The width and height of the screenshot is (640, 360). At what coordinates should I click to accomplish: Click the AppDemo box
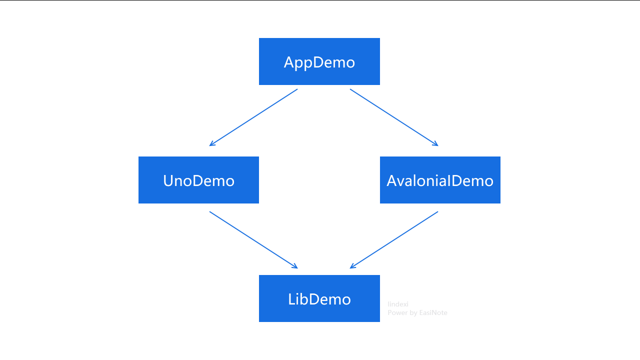319,61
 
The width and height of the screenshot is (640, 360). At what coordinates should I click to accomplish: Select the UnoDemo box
198,180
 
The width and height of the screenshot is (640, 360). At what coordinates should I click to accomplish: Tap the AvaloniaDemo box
440,180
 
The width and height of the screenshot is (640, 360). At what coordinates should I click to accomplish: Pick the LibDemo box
319,298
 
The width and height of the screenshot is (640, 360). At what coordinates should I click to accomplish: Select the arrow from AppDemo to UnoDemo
253,117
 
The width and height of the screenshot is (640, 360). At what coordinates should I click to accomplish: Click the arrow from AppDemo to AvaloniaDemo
394,117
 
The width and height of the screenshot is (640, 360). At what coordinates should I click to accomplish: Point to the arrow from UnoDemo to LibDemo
253,240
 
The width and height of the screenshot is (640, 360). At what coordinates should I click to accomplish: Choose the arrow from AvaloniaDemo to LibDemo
394,240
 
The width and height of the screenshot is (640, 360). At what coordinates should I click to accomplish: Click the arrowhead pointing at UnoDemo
211,144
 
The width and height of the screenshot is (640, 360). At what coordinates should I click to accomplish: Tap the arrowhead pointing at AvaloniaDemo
436,144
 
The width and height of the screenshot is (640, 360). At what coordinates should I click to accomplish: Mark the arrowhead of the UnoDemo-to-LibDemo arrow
295,267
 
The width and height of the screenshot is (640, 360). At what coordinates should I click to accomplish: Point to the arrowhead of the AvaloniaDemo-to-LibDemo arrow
352,267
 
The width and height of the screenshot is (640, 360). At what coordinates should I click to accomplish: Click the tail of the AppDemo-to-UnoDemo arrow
296,89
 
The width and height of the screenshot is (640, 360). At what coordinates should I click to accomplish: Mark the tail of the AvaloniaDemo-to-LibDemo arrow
437,212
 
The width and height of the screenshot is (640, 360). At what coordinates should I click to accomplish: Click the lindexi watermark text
398,304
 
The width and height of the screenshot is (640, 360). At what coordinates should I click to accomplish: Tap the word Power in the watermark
397,313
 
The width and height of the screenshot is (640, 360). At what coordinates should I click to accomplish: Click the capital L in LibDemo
292,299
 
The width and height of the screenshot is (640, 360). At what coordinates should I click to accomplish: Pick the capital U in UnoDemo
168,180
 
